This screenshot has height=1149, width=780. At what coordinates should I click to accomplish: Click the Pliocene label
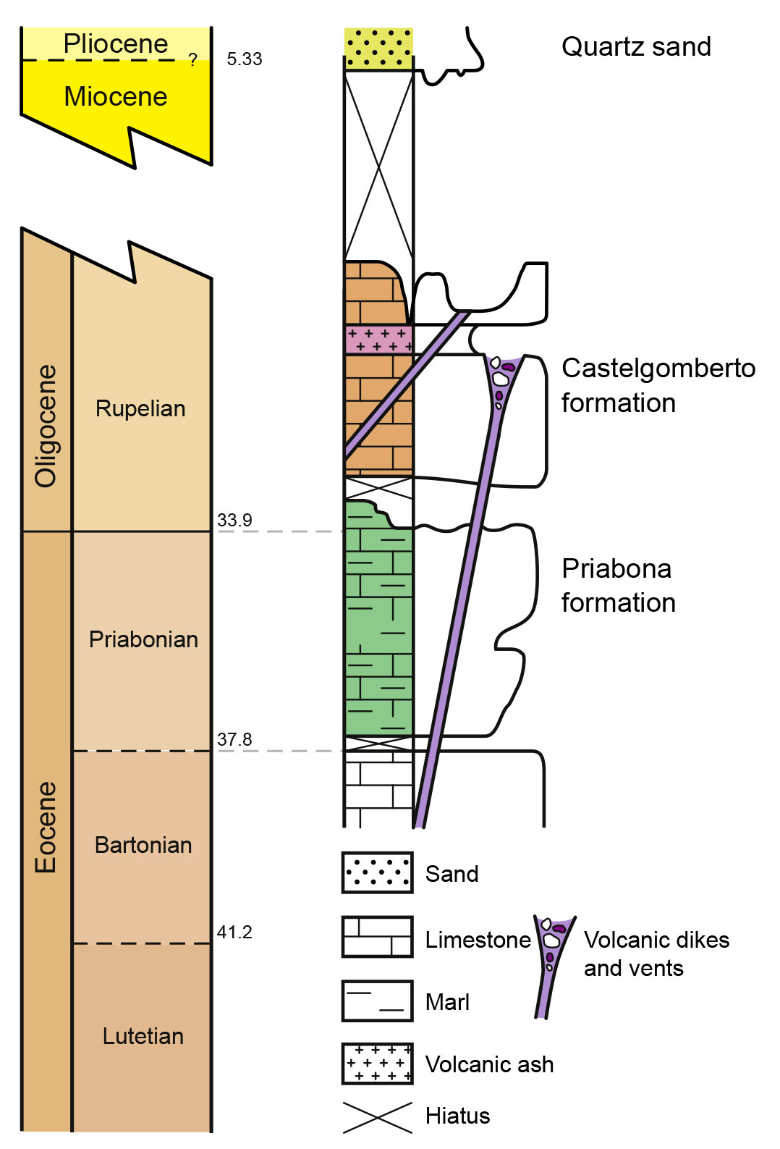116,44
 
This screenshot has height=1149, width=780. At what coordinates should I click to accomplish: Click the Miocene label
116,96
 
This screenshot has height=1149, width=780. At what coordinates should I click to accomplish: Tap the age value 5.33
245,59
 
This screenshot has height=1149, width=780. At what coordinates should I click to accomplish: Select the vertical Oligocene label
46,426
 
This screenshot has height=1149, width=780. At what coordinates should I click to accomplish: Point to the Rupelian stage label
140,408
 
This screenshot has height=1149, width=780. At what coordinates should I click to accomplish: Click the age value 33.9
234,520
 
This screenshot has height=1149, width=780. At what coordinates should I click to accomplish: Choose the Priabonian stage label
143,639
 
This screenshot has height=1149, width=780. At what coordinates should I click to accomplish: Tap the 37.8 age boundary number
234,739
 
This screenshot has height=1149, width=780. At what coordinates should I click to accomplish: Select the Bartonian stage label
143,845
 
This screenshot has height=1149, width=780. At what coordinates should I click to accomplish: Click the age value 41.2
234,932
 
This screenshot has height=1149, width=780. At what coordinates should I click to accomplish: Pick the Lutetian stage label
143,1036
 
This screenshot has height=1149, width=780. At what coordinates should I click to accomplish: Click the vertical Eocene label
46,827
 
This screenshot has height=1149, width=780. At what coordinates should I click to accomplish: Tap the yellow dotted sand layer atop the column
378,49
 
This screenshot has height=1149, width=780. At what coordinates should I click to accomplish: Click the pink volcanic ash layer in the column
378,340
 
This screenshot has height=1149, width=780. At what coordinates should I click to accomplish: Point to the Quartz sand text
636,47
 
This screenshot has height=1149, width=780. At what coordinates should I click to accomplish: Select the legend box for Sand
377,872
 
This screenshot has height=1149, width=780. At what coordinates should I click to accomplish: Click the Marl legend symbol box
377,1001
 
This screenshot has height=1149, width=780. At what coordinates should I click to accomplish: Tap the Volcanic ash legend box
377,1064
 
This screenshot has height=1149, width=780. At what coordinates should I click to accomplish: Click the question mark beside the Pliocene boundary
192,59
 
